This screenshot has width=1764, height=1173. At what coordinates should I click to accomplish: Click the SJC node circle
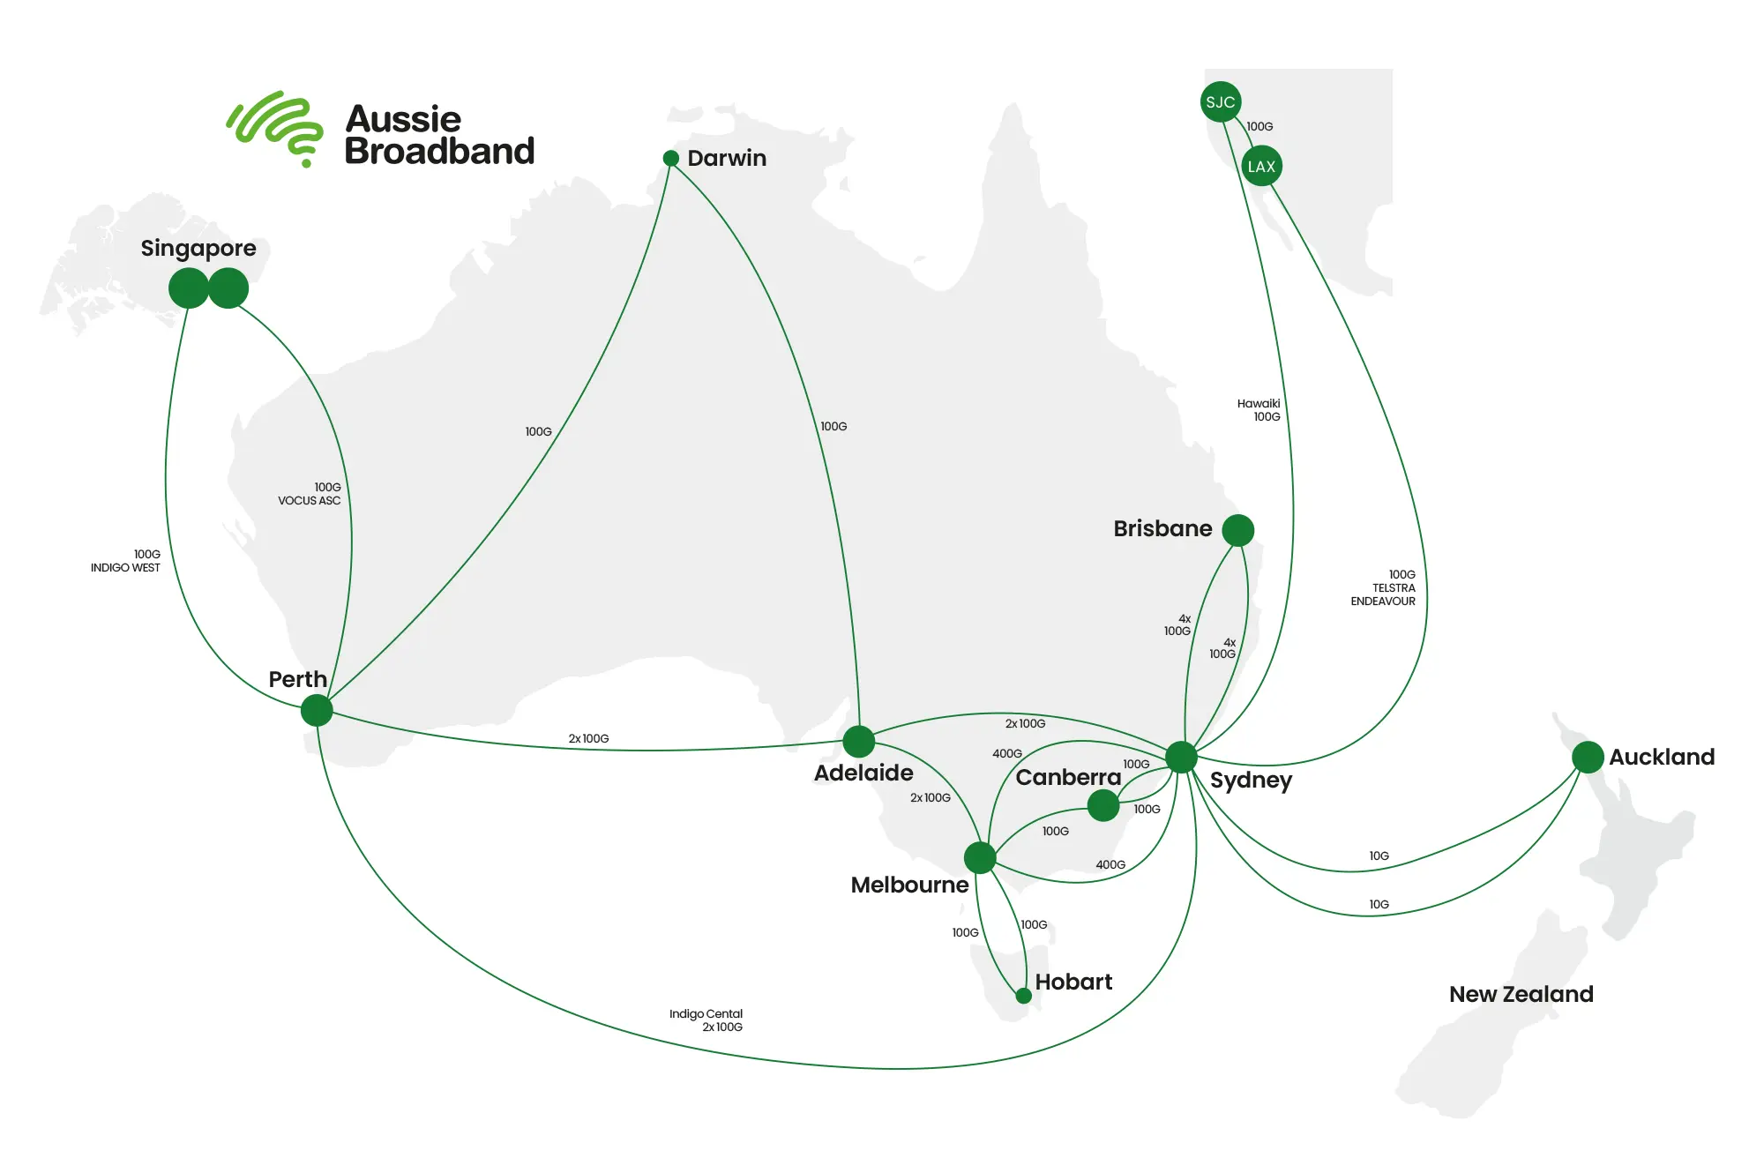tap(1221, 102)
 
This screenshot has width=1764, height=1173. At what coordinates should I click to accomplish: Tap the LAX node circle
tap(1261, 166)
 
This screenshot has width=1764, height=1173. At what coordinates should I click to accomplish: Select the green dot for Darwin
tap(671, 159)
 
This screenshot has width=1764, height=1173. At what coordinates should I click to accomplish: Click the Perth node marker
tap(317, 710)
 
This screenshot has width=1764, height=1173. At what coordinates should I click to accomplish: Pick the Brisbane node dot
tap(1238, 530)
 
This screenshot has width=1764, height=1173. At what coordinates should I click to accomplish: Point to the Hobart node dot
tap(1023, 996)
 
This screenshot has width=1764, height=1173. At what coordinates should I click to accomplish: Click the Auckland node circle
tap(1588, 757)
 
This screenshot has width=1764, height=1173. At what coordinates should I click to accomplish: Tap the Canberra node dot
tap(1102, 805)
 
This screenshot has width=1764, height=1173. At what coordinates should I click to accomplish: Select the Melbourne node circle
tap(980, 857)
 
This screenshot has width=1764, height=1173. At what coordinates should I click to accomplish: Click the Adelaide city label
tap(863, 773)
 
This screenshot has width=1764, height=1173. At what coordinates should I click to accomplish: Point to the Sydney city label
tap(1251, 781)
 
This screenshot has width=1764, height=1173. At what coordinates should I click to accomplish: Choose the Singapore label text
tap(198, 249)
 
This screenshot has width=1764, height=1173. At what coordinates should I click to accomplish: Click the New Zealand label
tap(1521, 994)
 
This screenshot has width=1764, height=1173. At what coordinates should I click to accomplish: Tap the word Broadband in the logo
tap(439, 152)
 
